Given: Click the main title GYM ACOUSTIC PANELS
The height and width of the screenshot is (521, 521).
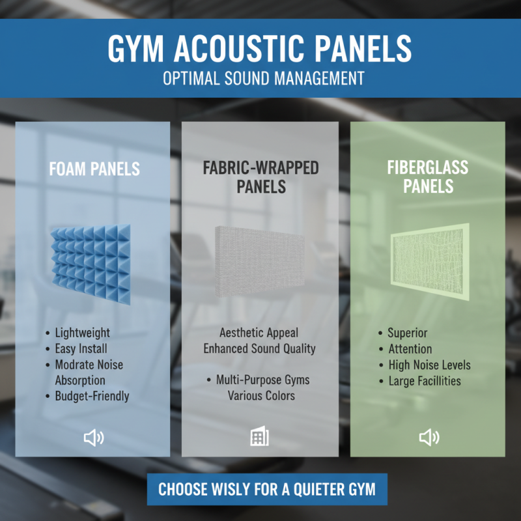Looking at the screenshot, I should [260, 49].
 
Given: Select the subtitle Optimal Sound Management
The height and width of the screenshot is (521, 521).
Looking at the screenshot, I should [260, 79].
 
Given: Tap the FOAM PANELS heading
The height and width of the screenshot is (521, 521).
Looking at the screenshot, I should [94, 169].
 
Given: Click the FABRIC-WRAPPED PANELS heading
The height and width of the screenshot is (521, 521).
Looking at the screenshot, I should [260, 177].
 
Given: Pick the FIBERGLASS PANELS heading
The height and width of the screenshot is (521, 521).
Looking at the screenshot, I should [427, 177].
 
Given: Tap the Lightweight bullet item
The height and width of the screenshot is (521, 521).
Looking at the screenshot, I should [82, 333].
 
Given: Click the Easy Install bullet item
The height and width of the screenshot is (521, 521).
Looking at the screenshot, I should [81, 348].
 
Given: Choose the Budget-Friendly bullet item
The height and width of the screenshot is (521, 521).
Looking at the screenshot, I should [92, 395].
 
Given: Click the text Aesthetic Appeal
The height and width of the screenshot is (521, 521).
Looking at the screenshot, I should [259, 333].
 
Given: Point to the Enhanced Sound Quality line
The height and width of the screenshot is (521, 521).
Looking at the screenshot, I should [259, 348].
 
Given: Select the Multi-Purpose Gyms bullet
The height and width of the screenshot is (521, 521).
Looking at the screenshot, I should [262, 380].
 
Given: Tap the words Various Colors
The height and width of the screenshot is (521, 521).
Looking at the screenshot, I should [261, 395].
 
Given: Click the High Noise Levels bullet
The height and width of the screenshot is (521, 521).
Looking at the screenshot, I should [429, 365].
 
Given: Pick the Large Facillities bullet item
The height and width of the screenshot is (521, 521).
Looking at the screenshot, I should [424, 380].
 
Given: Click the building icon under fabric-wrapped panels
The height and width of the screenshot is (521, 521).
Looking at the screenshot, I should [259, 438].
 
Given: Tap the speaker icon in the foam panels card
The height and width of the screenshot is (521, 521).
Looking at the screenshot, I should [94, 438].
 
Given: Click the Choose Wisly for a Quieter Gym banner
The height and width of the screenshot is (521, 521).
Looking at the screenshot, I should [267, 488].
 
